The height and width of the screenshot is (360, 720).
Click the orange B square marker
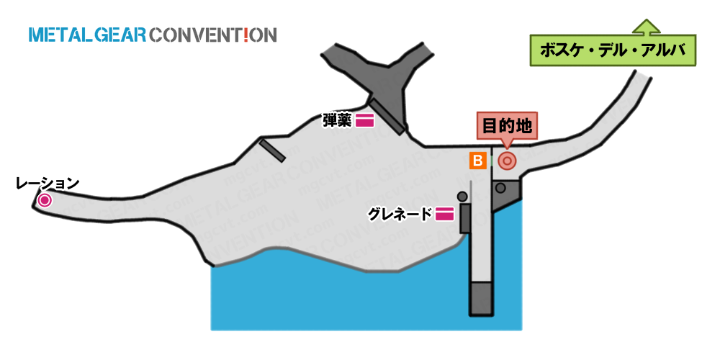click(x=478, y=161)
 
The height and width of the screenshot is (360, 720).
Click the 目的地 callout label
click(x=506, y=125)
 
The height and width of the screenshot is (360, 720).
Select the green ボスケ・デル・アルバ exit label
click(x=613, y=50)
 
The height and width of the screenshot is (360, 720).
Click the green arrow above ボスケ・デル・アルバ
click(x=646, y=27)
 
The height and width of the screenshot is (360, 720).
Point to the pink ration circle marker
click(x=45, y=200)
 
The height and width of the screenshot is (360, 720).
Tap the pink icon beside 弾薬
click(x=364, y=120)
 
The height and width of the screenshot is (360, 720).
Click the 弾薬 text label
click(x=338, y=120)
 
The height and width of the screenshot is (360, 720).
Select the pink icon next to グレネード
click(x=444, y=214)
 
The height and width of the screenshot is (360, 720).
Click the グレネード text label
click(x=400, y=214)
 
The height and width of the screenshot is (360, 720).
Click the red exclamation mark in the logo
click(x=246, y=35)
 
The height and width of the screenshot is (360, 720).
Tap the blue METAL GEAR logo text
click(x=87, y=35)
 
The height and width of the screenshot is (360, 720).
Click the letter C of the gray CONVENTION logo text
click(x=156, y=35)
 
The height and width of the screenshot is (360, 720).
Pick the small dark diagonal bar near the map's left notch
click(x=272, y=150)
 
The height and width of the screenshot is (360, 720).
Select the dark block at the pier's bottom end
click(x=481, y=299)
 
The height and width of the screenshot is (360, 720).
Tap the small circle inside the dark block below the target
click(x=500, y=188)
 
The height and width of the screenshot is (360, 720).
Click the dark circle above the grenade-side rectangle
click(x=462, y=197)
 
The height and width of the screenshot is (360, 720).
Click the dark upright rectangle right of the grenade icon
click(x=465, y=219)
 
